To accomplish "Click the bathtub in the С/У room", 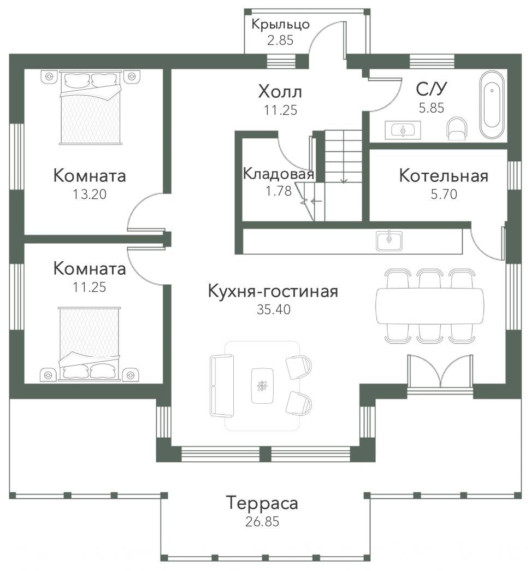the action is point(492,104).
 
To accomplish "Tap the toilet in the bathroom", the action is point(457,128).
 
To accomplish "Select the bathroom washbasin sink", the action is point(403,130).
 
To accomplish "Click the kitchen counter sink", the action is point(389,240).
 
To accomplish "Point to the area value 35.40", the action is point(274,309).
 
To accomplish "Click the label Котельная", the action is point(444,175).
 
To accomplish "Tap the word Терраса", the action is point(262,503).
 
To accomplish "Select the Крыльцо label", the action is point(280,25).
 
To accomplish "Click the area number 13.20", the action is point(90,194).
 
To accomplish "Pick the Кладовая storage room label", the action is point(279,174).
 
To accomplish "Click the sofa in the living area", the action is point(221,385).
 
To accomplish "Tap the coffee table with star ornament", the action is point(262,386).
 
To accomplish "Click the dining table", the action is point(430,306).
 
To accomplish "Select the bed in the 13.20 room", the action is point(90,108).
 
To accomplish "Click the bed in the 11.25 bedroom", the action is point(90,344).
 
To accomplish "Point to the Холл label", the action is point(280,92).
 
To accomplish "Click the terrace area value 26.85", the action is point(262,521).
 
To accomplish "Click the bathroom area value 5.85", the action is point(432,108).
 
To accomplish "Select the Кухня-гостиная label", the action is point(273,291).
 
